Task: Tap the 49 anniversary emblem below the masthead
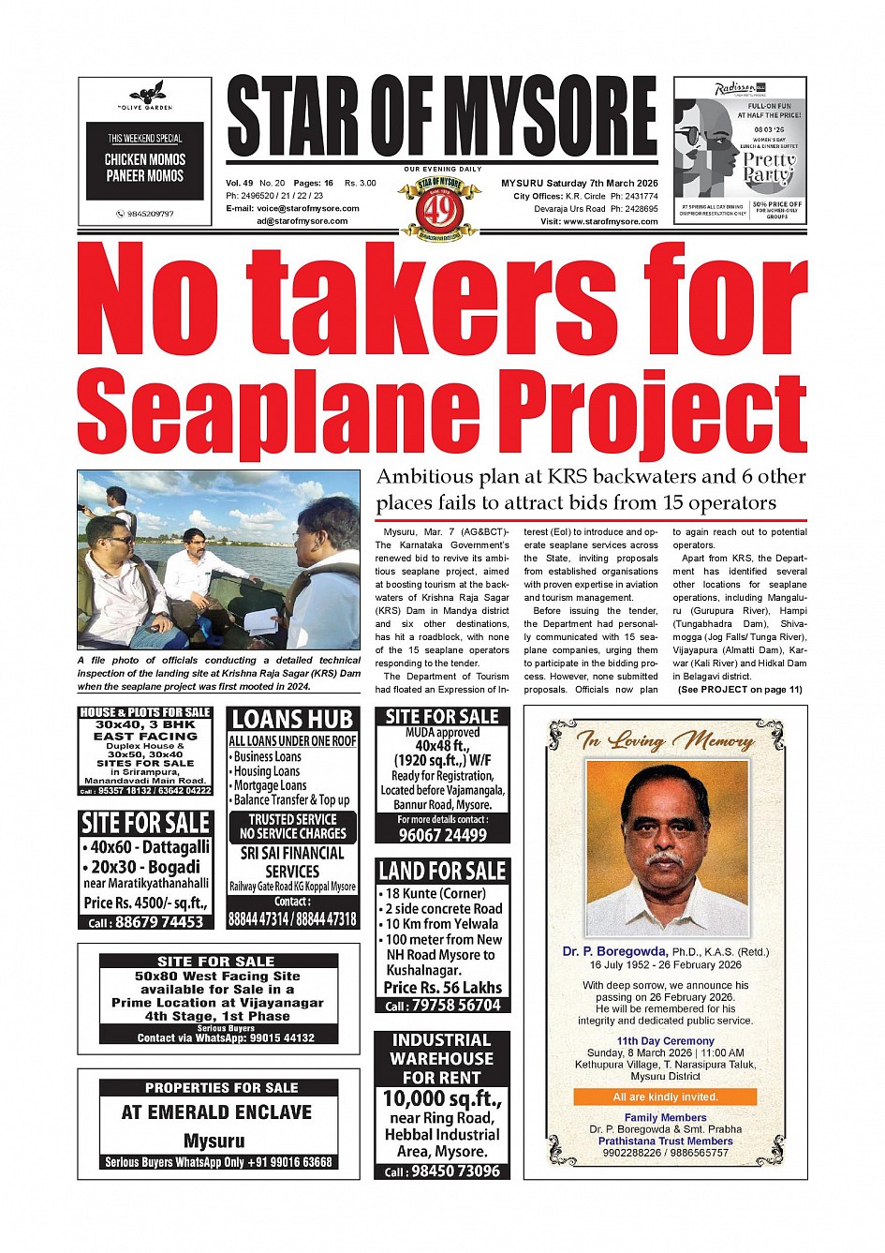[x=440, y=205]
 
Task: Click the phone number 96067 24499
[x=443, y=835]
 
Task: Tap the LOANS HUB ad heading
[x=292, y=720]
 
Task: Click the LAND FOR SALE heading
[x=442, y=871]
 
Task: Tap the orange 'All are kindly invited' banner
[x=665, y=1096]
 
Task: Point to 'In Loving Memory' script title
[x=666, y=741]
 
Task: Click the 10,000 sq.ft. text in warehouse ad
[x=442, y=1098]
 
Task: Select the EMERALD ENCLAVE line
[x=216, y=1112]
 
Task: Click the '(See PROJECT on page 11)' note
[x=740, y=690]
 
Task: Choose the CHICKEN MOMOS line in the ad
[x=145, y=159]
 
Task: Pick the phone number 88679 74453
[x=146, y=922]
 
